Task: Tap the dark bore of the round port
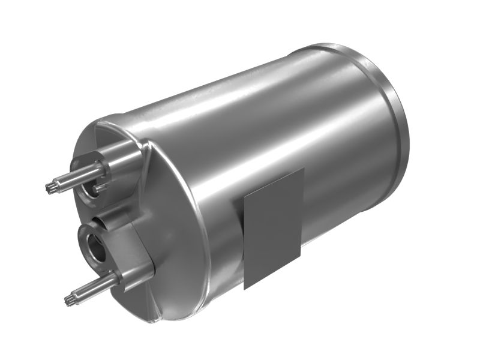[94, 246]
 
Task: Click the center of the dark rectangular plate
[273, 229]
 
